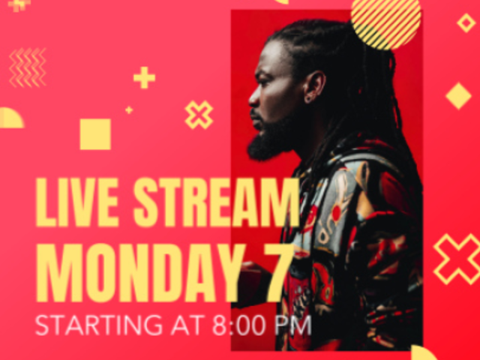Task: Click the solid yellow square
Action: (x=95, y=134)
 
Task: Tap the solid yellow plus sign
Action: (x=144, y=77)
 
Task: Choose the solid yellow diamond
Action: (x=458, y=96)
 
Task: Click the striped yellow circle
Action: (x=385, y=21)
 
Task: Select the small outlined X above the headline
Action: (x=199, y=115)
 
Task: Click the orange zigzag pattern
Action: (x=28, y=67)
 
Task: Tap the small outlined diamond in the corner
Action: (x=466, y=22)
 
